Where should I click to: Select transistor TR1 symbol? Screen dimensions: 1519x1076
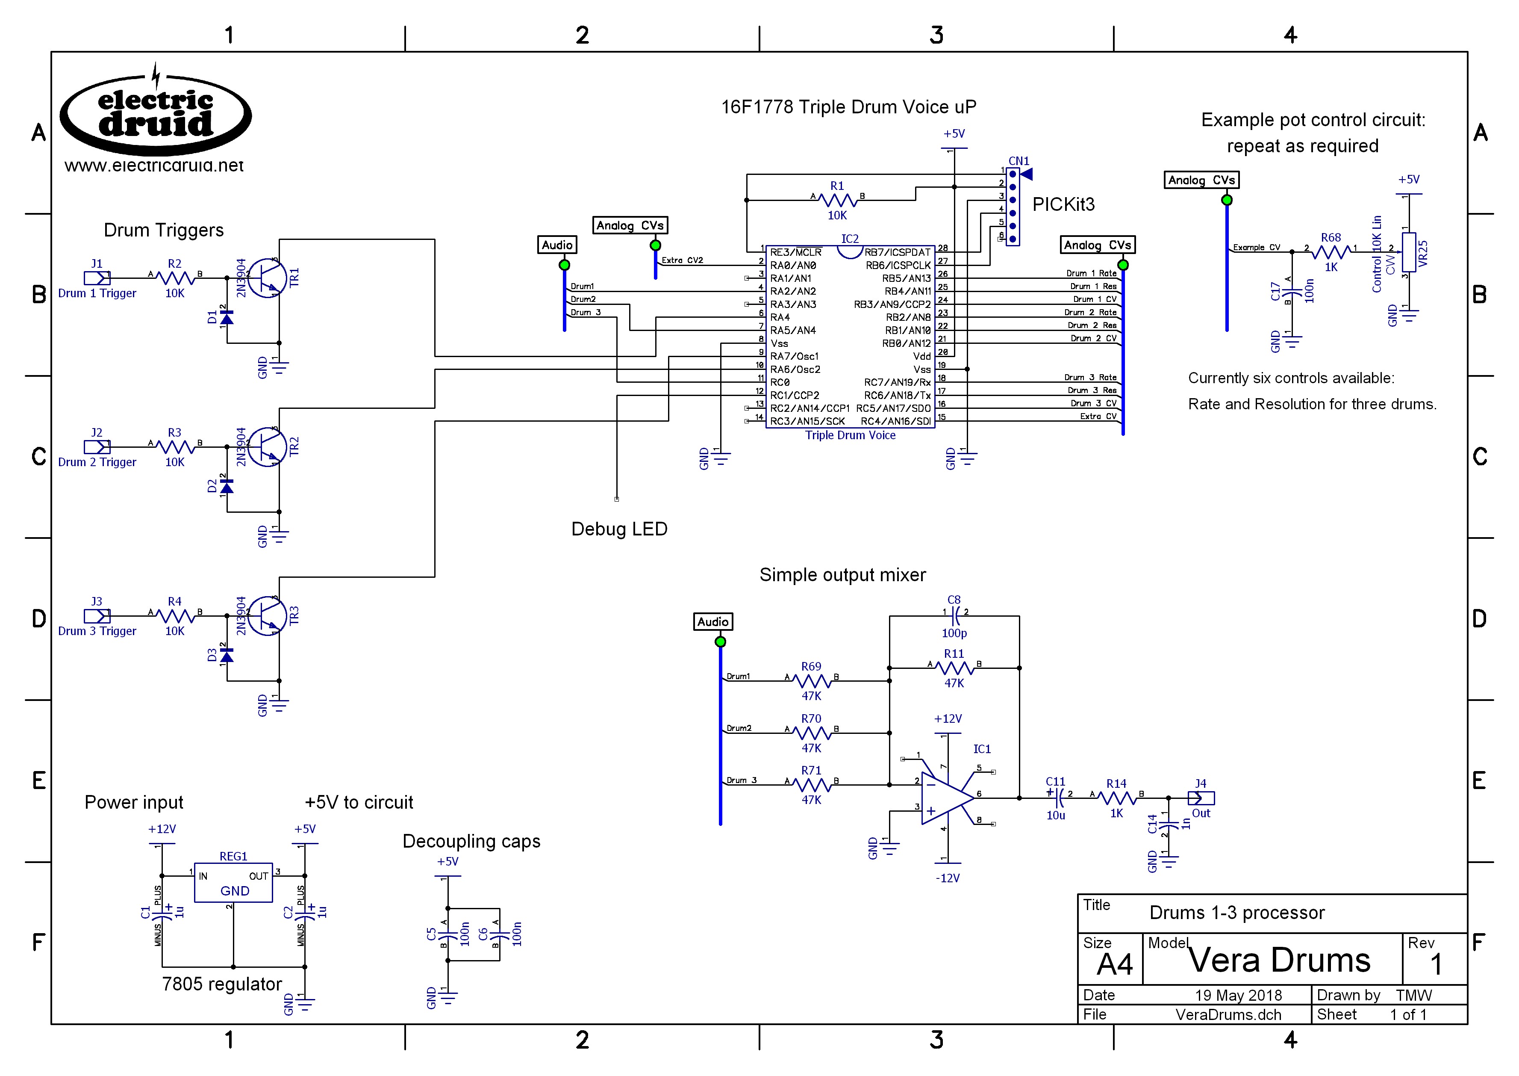click(268, 278)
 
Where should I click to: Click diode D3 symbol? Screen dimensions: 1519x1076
click(227, 655)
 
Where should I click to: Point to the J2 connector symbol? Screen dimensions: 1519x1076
click(97, 446)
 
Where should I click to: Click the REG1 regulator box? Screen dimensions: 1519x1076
click(233, 883)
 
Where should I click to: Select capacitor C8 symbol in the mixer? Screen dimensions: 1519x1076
click(954, 616)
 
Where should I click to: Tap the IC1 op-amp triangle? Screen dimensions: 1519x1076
click(947, 798)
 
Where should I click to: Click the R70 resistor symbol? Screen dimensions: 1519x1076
click(811, 733)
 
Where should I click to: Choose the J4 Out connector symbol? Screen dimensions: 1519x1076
click(1201, 798)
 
